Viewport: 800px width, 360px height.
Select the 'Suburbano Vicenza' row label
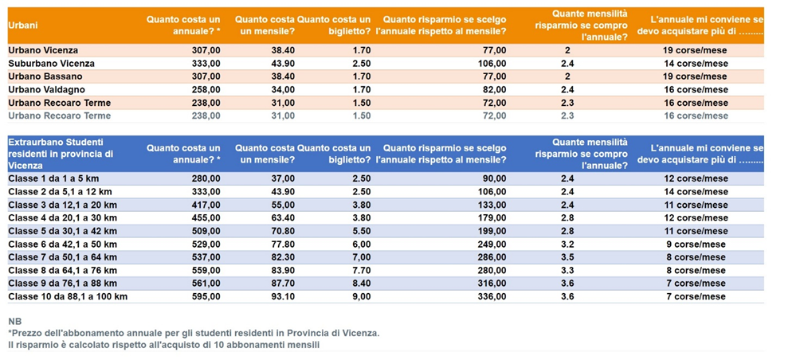51,63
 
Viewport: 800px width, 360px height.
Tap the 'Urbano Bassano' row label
45,76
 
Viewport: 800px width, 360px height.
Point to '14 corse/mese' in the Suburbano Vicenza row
696,63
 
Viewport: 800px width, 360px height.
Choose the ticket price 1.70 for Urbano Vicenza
360,50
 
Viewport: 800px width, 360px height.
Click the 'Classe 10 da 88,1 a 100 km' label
67,296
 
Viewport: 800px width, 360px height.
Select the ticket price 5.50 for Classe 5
360,231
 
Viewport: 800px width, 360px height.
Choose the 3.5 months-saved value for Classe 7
567,257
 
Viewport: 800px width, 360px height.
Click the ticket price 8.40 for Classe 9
360,284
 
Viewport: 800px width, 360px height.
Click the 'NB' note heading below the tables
14,321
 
